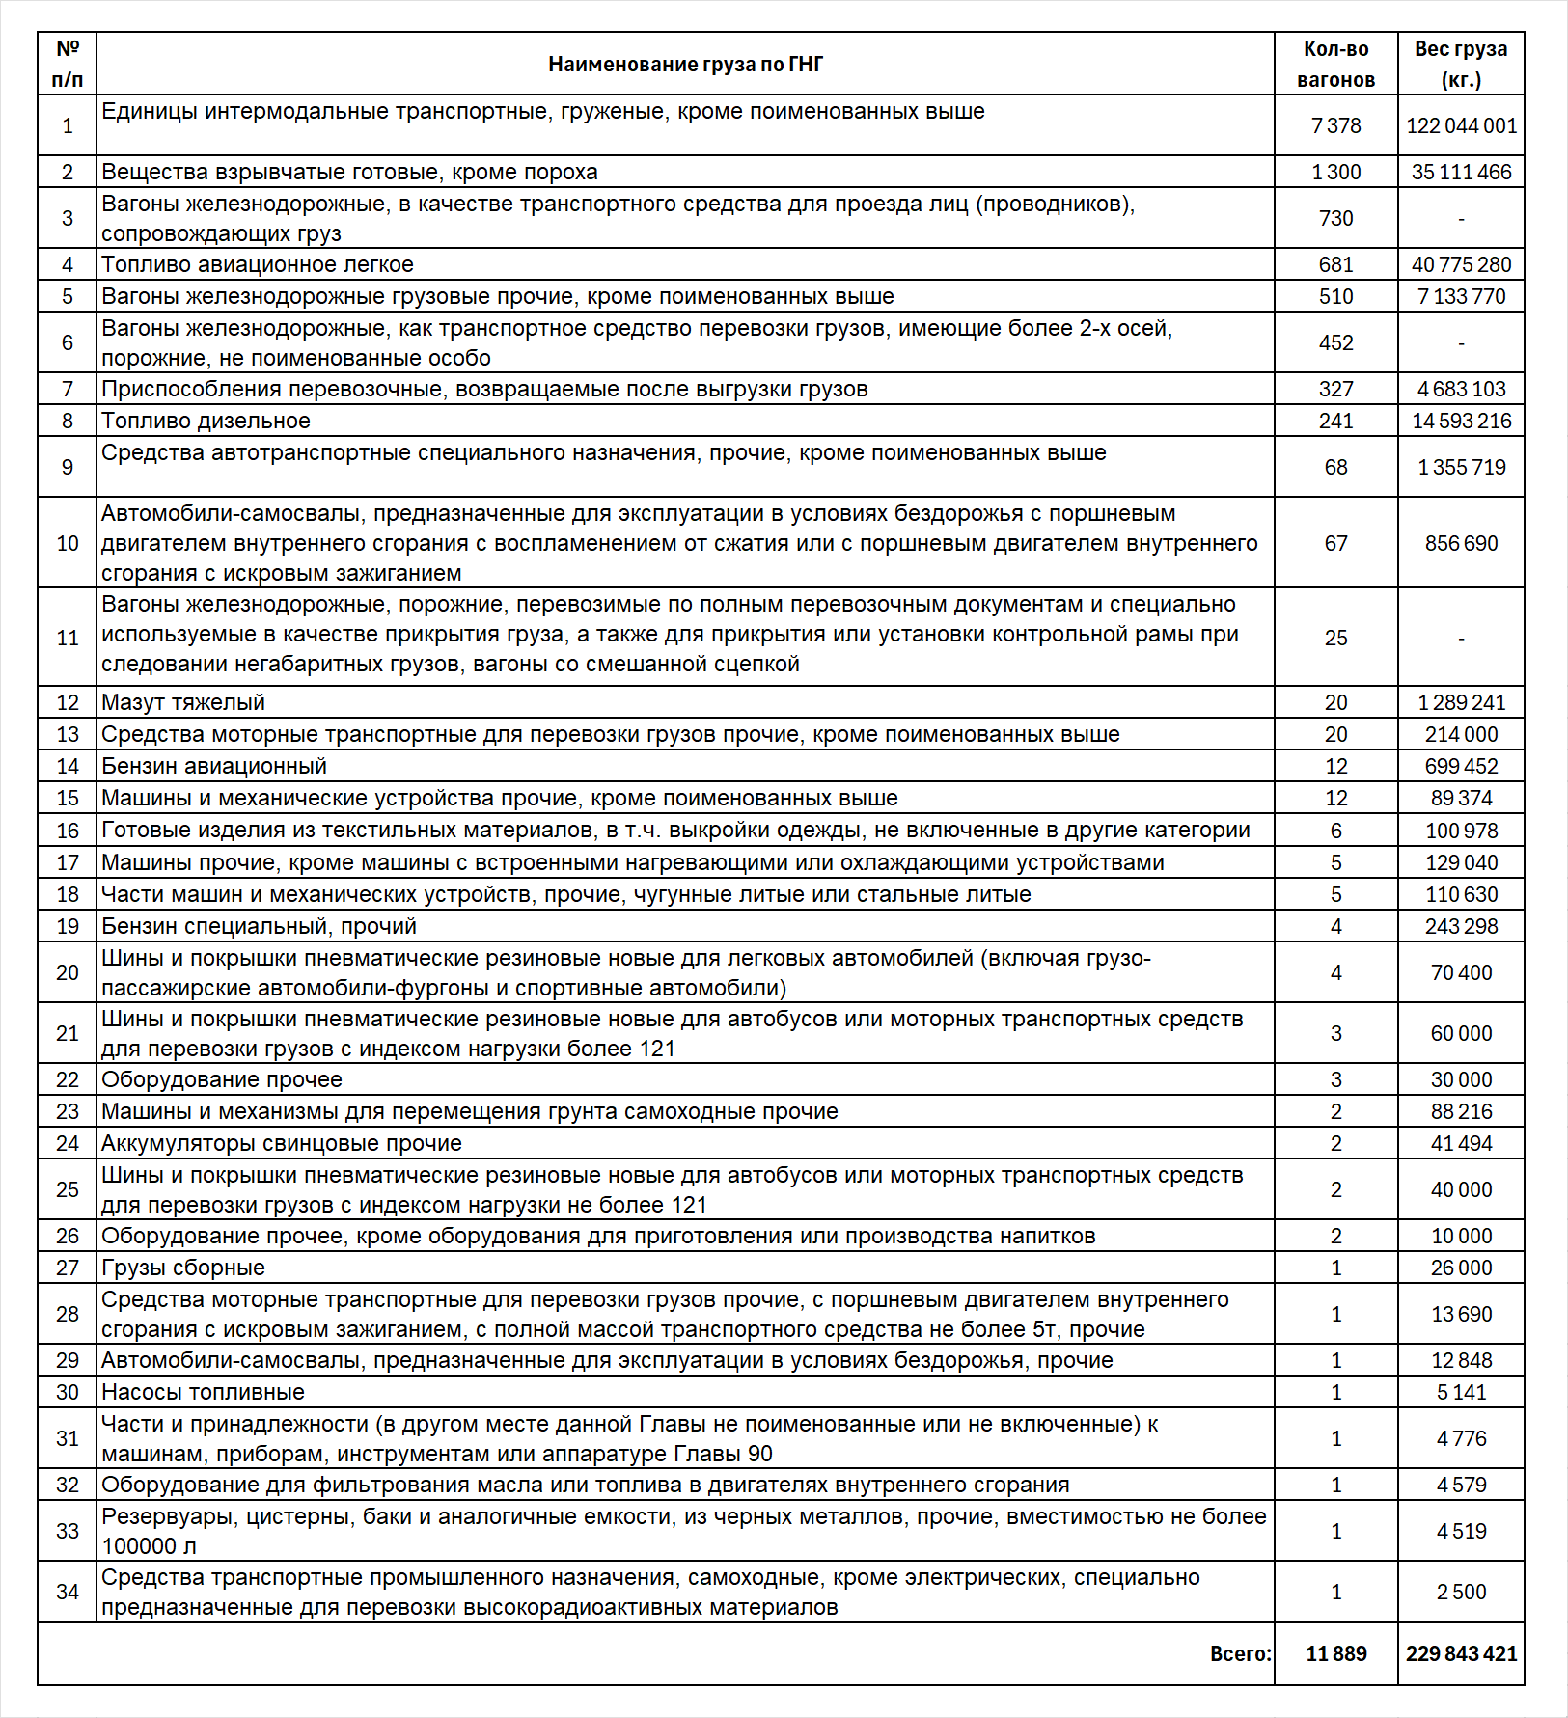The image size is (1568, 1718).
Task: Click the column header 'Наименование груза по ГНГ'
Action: pos(685,65)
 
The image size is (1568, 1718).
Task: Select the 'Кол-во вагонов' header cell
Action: pos(1335,65)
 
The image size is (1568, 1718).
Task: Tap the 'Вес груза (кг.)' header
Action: pos(1460,65)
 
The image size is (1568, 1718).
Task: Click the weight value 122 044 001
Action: pos(1461,126)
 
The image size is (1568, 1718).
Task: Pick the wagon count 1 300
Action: pos(1335,173)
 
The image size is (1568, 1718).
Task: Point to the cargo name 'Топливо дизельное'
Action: pos(206,422)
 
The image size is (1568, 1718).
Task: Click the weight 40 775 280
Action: pos(1461,265)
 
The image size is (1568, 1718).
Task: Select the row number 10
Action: pos(68,544)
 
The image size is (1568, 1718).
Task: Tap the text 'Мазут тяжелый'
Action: pos(183,703)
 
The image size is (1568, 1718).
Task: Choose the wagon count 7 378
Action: pos(1335,126)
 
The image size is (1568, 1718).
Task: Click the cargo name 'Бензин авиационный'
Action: pos(214,767)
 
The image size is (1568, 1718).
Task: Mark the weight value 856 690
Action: pos(1461,544)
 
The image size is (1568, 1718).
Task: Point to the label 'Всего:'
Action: pos(1241,1654)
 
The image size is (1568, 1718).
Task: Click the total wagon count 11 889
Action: pos(1335,1654)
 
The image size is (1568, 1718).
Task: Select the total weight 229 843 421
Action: pos(1461,1654)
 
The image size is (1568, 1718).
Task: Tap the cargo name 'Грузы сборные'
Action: pos(183,1268)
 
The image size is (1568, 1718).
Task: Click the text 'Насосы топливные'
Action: pos(203,1393)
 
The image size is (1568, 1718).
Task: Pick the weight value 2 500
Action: pos(1461,1593)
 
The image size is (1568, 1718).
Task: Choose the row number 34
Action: pos(68,1593)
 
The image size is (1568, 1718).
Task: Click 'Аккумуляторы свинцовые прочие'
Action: pos(282,1144)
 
